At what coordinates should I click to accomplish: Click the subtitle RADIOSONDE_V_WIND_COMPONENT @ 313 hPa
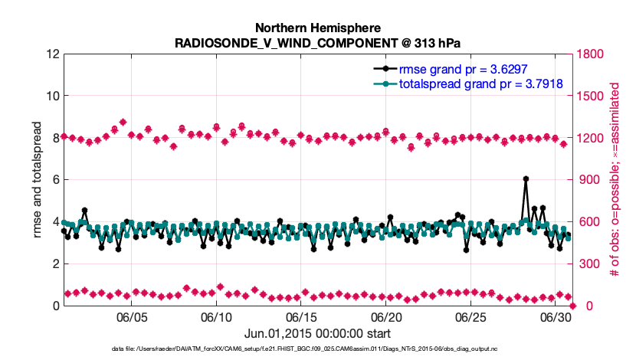point(318,43)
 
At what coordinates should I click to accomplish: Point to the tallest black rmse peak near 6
point(526,178)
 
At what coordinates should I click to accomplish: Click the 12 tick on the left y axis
point(52,54)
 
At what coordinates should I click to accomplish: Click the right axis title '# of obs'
point(615,180)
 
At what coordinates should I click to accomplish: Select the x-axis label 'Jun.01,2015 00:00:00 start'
point(318,333)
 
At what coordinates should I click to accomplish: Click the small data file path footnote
point(318,349)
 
